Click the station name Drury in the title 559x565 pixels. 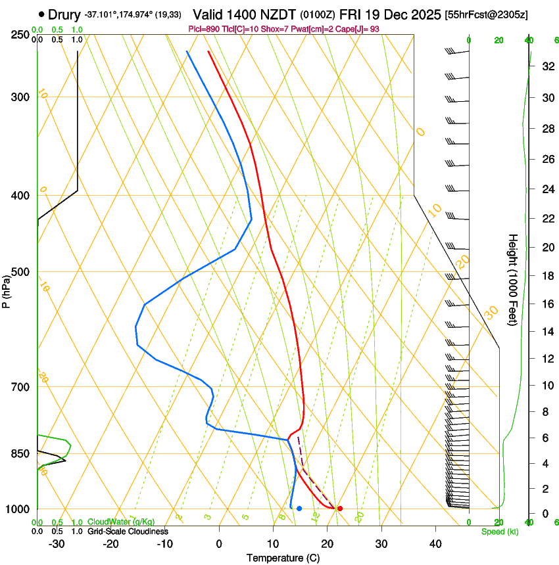point(64,14)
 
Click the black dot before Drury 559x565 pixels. point(42,14)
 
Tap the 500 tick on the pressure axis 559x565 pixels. point(20,272)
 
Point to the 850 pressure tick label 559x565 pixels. point(20,453)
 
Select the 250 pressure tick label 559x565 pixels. point(20,34)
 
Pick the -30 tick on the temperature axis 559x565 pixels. point(57,544)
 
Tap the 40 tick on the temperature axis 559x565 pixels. point(435,544)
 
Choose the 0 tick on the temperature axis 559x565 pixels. point(219,544)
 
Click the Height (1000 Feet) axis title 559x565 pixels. point(513,280)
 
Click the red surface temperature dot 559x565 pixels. point(340,508)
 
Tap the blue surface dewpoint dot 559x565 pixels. point(299,508)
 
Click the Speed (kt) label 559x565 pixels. point(499,531)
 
